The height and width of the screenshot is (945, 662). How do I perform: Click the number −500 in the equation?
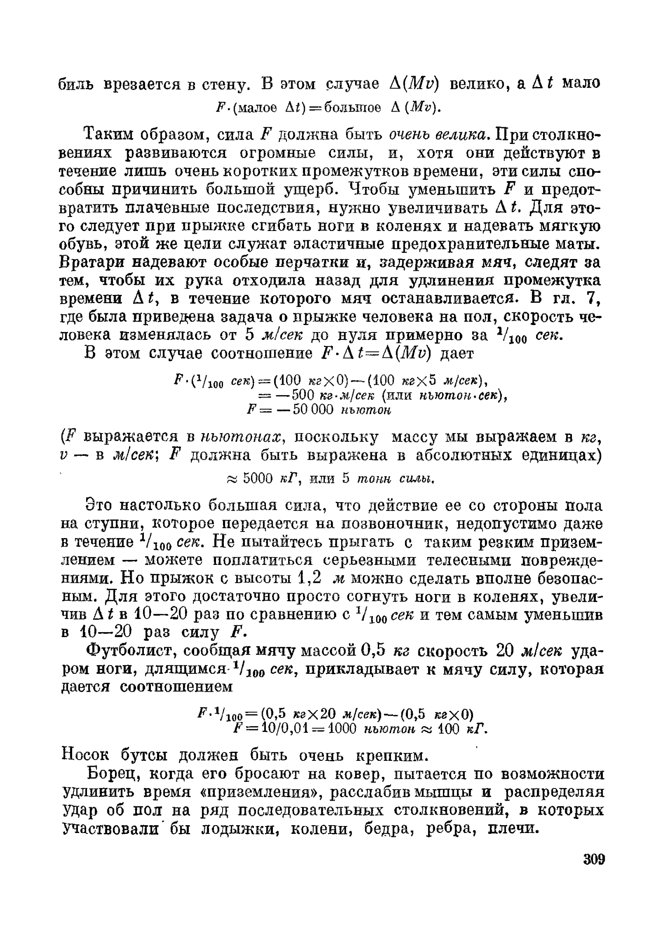click(297, 395)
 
